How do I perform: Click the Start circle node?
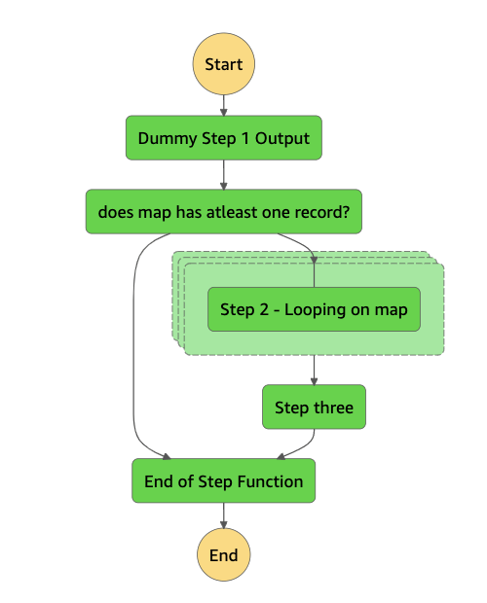point(224,64)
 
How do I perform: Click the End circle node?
point(224,555)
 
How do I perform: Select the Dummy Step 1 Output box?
point(224,138)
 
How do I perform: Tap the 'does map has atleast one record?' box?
point(224,211)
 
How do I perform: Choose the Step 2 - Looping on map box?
point(314,309)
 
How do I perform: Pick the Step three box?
point(314,407)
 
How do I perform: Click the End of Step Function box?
point(224,481)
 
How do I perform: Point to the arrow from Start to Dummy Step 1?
point(224,104)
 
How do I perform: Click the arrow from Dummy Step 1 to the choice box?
point(224,175)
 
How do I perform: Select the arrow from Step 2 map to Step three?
point(314,370)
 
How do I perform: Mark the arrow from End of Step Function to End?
point(224,518)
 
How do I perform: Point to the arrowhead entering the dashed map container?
point(314,259)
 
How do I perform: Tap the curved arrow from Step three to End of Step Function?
point(302,446)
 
